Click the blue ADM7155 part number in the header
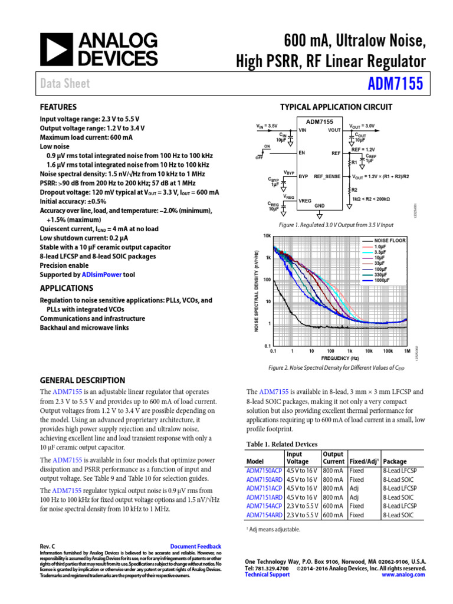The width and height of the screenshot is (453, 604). click(395, 84)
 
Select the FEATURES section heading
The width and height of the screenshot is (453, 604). click(58, 107)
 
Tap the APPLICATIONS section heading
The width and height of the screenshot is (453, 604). click(66, 288)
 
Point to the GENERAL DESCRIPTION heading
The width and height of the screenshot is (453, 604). click(82, 380)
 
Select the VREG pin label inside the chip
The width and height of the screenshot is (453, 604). click(306, 200)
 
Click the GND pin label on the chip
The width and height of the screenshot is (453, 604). click(319, 205)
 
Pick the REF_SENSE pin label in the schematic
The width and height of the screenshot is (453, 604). click(327, 176)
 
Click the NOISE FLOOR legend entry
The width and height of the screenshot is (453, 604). click(390, 241)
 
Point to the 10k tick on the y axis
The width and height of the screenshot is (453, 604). click(267, 235)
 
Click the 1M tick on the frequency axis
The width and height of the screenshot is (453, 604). click(406, 350)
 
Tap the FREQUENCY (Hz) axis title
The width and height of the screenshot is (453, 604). click(339, 358)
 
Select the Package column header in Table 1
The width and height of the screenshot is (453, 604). click(395, 461)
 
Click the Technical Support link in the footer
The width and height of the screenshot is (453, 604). click(267, 574)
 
